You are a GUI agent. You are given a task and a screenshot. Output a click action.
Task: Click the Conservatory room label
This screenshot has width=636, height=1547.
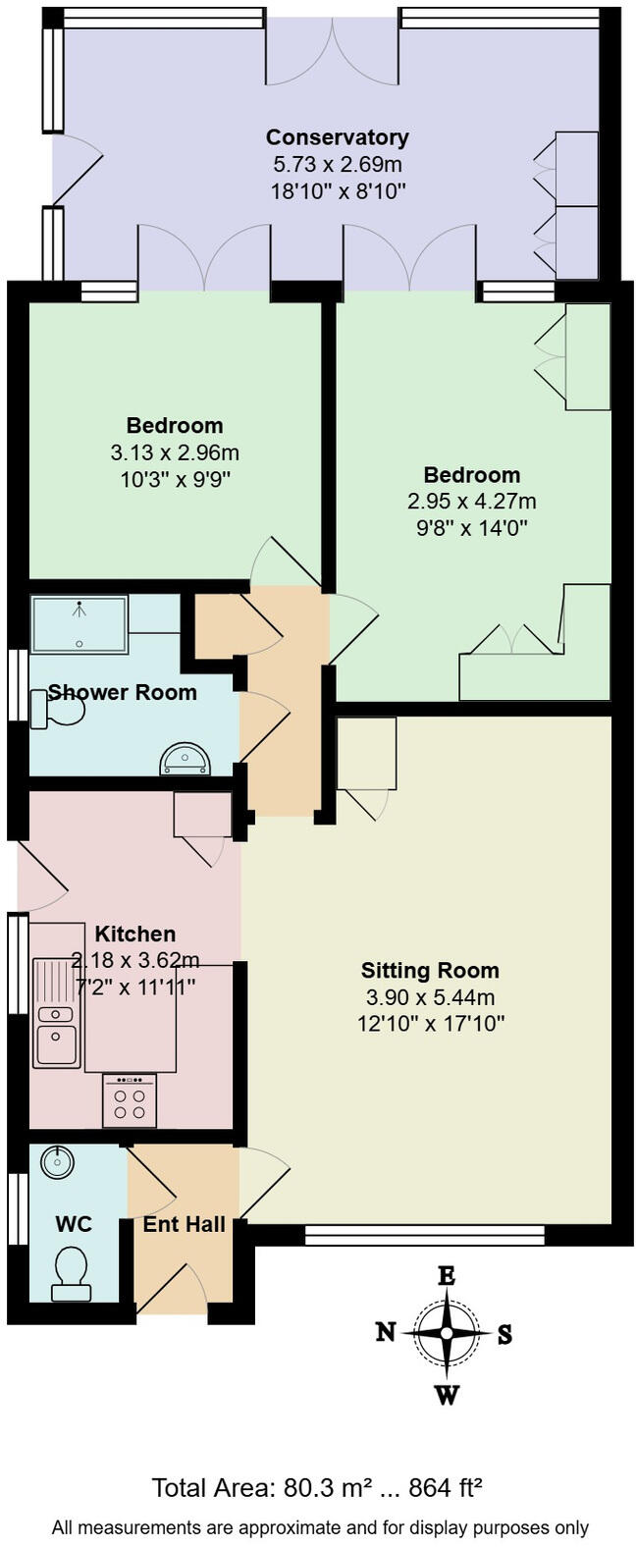pyautogui.click(x=337, y=137)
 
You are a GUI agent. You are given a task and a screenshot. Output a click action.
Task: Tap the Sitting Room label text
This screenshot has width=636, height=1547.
pyautogui.click(x=430, y=971)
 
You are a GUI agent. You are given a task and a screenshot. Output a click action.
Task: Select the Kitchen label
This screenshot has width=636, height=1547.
pyautogui.click(x=135, y=934)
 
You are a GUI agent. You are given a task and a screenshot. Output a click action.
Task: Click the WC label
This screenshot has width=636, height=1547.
pyautogui.click(x=74, y=1224)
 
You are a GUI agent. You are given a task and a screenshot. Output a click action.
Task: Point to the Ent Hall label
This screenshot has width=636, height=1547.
pyautogui.click(x=184, y=1224)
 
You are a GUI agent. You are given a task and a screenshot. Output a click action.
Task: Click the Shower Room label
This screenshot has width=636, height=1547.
pyautogui.click(x=123, y=692)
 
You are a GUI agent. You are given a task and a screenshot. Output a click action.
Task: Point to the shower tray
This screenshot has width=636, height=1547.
pyautogui.click(x=79, y=624)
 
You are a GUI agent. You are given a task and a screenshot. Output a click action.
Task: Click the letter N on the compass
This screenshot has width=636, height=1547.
pyautogui.click(x=386, y=1332)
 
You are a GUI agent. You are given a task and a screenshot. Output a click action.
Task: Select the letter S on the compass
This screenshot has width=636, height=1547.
pyautogui.click(x=504, y=1334)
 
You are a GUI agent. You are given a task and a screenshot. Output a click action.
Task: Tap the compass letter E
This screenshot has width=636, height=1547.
pyautogui.click(x=447, y=1276)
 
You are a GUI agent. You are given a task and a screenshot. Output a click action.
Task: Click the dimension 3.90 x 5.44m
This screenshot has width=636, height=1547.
pyautogui.click(x=430, y=998)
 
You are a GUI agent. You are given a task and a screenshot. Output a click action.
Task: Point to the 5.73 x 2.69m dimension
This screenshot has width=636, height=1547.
pyautogui.click(x=337, y=164)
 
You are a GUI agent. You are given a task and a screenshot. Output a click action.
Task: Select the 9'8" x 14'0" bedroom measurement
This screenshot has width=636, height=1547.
pyautogui.click(x=471, y=528)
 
